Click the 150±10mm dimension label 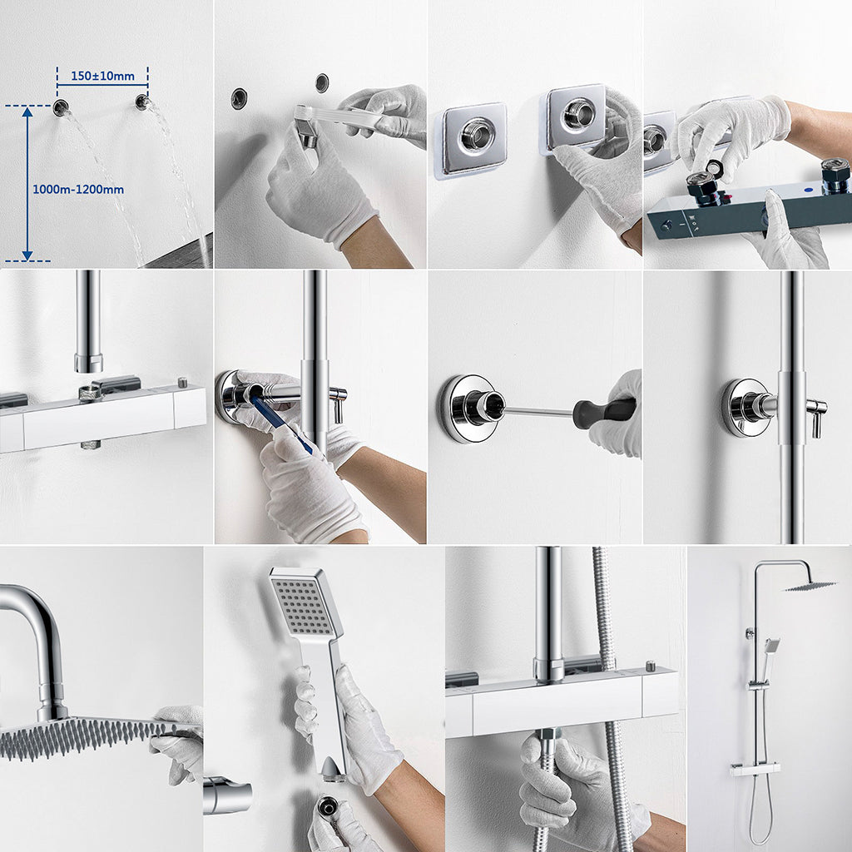[x=102, y=77]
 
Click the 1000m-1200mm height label [x=78, y=190]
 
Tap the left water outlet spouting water [x=60, y=107]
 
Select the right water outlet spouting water [x=142, y=102]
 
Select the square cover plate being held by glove [x=577, y=118]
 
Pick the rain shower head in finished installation [x=810, y=586]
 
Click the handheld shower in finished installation [x=771, y=647]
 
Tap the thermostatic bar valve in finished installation [x=755, y=770]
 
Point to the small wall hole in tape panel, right [x=322, y=82]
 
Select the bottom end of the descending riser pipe [x=88, y=363]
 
